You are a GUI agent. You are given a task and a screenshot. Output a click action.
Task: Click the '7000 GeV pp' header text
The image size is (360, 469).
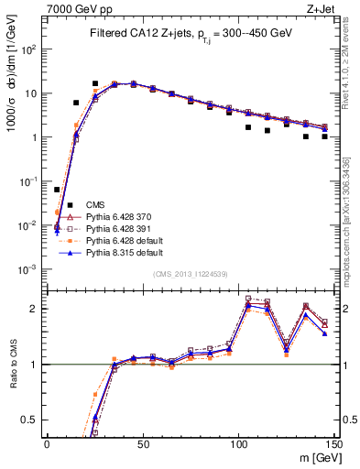75,8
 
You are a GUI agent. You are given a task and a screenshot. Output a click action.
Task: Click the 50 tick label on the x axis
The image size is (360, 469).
143,443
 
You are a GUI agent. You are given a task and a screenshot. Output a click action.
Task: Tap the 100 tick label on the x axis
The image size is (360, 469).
238,443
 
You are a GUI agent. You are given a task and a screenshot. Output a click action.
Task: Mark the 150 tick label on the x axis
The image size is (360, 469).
333,443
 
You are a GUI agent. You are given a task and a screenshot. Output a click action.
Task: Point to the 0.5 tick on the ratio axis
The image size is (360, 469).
31,420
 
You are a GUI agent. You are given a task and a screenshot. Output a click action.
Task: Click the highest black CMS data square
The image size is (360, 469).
95,83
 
